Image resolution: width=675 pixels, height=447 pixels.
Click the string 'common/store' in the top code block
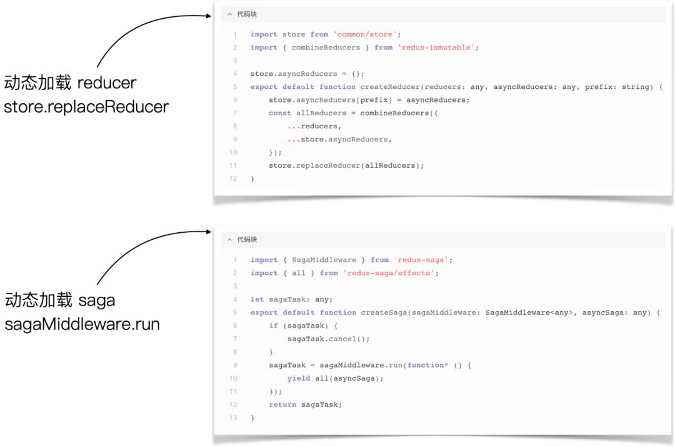tap(365, 34)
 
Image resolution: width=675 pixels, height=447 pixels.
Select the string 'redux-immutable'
tap(436, 48)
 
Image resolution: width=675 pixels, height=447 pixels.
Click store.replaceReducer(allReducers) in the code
tap(346, 165)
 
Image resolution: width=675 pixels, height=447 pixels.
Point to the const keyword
tap(280, 113)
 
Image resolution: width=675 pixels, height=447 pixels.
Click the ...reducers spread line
tap(314, 126)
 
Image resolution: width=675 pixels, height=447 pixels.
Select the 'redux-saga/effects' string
tap(389, 273)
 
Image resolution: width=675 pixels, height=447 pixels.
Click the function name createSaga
tap(384, 312)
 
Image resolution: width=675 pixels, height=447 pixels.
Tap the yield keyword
tap(299, 379)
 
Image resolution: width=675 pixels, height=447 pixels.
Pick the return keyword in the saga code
tap(282, 405)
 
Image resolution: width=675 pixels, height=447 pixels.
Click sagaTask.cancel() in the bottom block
tap(329, 339)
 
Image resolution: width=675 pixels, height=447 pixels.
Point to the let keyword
tap(257, 299)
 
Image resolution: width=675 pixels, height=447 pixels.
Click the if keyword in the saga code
tap(273, 326)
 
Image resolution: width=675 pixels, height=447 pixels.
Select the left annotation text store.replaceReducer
tap(86, 107)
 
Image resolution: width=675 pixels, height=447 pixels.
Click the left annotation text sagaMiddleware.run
tap(82, 324)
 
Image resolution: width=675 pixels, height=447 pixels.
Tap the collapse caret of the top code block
tap(229, 14)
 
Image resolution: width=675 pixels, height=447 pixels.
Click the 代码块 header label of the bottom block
tap(247, 239)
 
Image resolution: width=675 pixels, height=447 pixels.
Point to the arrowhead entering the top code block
tap(209, 16)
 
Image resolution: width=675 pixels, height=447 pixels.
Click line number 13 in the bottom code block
tap(233, 418)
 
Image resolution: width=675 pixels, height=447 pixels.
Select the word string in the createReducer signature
tap(637, 86)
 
